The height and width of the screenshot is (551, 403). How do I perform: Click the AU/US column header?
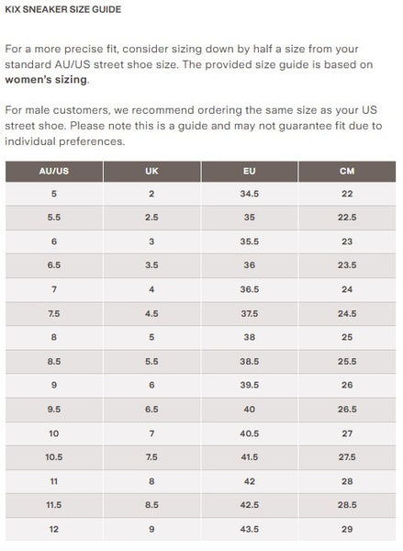(x=54, y=171)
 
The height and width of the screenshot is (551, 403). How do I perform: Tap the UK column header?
(x=151, y=171)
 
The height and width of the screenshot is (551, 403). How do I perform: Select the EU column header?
(x=249, y=171)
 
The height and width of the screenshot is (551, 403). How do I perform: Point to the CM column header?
(x=347, y=171)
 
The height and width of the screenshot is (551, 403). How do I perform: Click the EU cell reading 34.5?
(x=249, y=194)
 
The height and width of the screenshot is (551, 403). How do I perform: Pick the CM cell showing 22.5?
(x=347, y=217)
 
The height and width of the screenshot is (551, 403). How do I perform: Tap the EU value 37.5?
(x=249, y=313)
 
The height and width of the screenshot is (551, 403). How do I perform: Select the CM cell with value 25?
(x=347, y=337)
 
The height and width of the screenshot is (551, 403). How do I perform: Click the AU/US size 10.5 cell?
(x=54, y=456)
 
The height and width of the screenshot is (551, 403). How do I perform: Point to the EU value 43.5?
(x=249, y=529)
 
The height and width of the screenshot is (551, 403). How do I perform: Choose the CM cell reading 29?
(x=347, y=529)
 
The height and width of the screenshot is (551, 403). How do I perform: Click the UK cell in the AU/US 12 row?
(x=151, y=529)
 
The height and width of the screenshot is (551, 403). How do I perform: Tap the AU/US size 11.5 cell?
(x=54, y=505)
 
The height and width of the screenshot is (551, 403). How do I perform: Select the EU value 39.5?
(x=249, y=385)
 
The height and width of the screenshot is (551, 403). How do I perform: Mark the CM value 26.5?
(x=347, y=409)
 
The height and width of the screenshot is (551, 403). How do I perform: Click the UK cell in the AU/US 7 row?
(x=151, y=289)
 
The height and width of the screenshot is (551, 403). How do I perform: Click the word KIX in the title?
(x=13, y=9)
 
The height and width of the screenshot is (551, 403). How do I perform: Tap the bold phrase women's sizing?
(x=46, y=79)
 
